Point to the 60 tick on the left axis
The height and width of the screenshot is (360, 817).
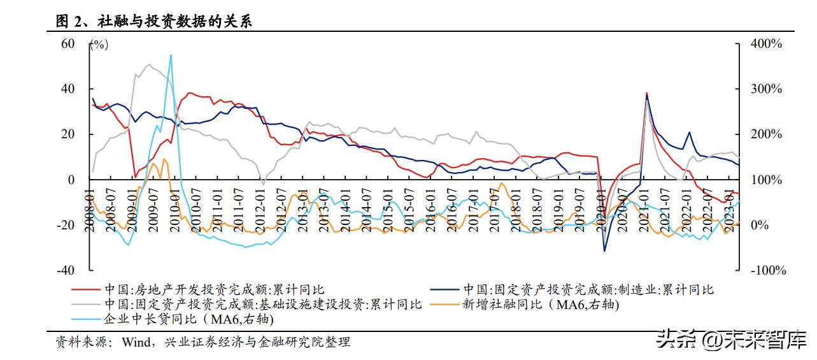pos(67,43)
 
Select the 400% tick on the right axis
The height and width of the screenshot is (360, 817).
pos(766,43)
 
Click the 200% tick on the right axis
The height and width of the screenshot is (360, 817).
pos(766,134)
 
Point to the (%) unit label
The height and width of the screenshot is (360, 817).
pos(99,44)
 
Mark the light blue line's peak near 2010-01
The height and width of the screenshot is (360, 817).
pos(171,55)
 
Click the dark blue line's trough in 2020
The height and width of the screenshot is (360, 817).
pos(604,250)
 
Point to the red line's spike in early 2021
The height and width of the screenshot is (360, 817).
pos(647,93)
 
